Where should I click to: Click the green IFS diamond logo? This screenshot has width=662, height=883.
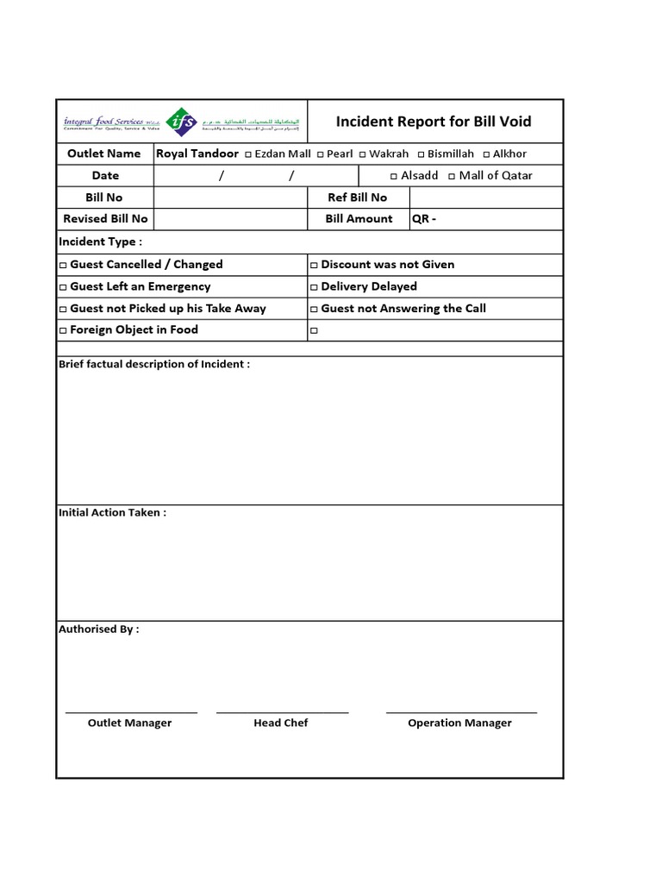point(181,122)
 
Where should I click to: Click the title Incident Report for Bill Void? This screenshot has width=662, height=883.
point(434,122)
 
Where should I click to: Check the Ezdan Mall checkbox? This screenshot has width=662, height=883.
point(248,154)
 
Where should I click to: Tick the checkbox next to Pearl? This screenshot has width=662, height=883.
point(320,154)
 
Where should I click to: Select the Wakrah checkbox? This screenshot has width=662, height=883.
point(363,154)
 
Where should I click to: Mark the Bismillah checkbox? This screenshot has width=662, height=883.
point(421,154)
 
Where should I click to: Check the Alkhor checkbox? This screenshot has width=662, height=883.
point(486,154)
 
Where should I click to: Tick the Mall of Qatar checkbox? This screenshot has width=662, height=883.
point(452,176)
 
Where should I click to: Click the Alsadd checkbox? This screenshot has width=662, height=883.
point(394,176)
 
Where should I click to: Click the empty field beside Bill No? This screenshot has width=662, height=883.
point(230,197)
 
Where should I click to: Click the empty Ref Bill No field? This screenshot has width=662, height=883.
point(486,197)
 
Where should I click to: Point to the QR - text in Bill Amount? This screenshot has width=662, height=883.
point(424,219)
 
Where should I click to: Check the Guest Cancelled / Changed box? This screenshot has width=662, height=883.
point(62,265)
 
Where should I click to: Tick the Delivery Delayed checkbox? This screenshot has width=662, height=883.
point(315,287)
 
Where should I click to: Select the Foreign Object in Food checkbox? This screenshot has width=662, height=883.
point(62,330)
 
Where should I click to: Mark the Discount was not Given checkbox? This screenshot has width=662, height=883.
point(315,265)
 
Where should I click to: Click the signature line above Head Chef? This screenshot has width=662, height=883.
point(282,712)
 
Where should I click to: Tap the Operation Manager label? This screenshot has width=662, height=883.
point(459,723)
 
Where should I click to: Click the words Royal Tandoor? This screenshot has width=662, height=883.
point(197,153)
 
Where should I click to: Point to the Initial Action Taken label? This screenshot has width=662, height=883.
point(112,512)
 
